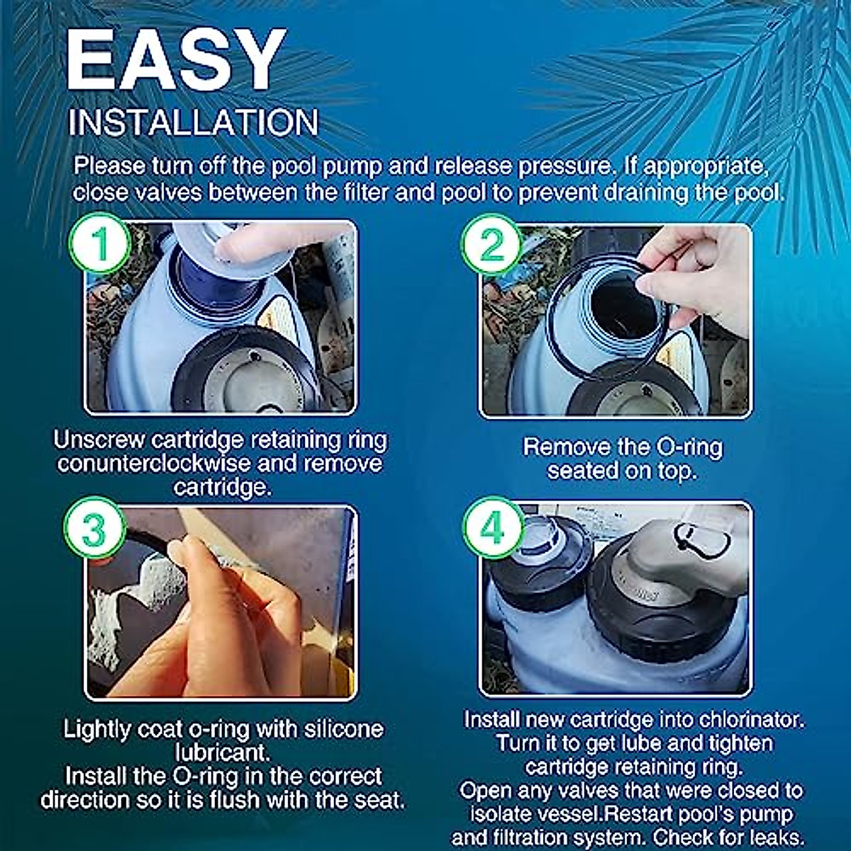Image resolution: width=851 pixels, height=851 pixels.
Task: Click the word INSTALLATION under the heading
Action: [193, 123]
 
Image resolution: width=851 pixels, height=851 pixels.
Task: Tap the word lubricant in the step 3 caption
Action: [222, 752]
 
